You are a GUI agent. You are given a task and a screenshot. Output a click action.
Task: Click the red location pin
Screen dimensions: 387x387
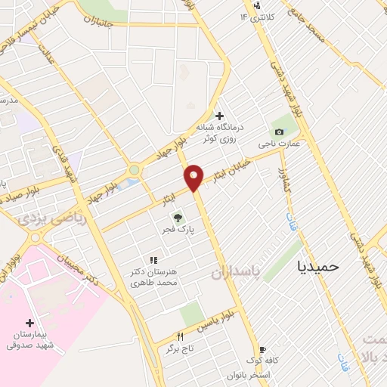click(x=194, y=177)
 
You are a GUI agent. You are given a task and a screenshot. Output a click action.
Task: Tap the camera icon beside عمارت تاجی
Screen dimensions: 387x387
click(x=279, y=132)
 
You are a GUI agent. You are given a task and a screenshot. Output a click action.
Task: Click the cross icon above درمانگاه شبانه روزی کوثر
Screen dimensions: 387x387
click(x=219, y=116)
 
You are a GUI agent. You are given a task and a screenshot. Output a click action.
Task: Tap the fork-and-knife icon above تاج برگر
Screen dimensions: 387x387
click(x=180, y=336)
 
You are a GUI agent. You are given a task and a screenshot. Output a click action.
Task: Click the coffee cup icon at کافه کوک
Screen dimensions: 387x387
click(x=262, y=350)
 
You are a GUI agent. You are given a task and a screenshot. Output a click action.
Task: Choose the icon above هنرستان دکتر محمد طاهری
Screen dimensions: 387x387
click(x=153, y=260)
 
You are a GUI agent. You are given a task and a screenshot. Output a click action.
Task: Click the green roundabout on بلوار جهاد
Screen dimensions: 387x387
click(x=135, y=171)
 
